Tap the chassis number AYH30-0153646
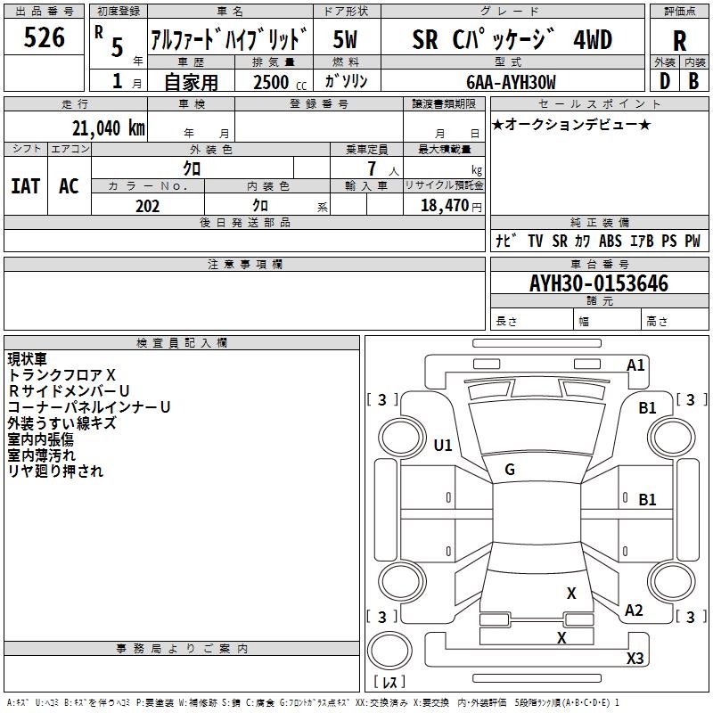tap(599, 283)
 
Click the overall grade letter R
tap(679, 41)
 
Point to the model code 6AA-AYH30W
tap(511, 82)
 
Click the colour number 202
tap(147, 206)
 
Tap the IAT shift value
tap(26, 186)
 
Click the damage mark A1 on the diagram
tap(635, 365)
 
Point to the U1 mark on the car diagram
tap(443, 445)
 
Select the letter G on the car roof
tap(510, 470)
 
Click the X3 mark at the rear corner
tap(635, 659)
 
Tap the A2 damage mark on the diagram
tap(634, 611)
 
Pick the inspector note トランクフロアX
tap(61, 375)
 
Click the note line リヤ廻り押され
tap(55, 471)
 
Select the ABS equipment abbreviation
tap(611, 242)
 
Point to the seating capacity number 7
tap(373, 168)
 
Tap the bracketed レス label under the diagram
tap(389, 683)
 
